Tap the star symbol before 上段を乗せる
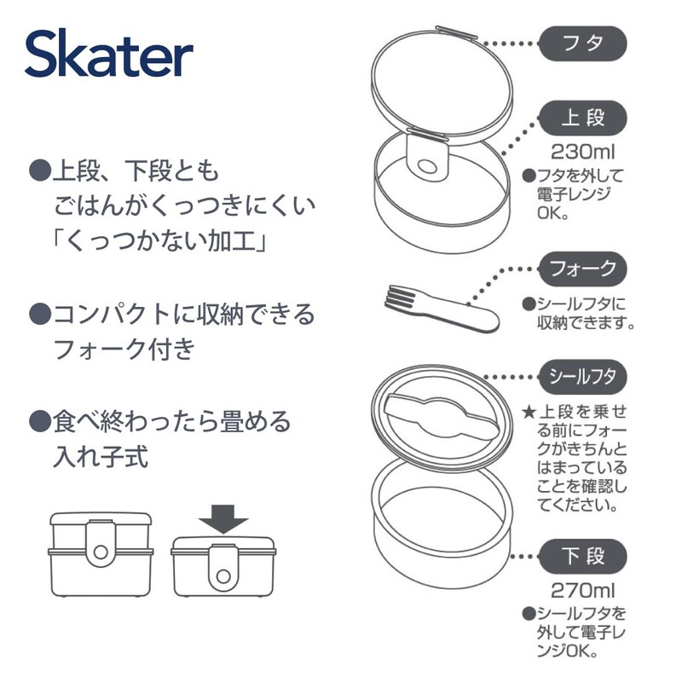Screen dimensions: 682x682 coord(529,412)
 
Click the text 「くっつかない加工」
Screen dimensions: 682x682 coord(162,240)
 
